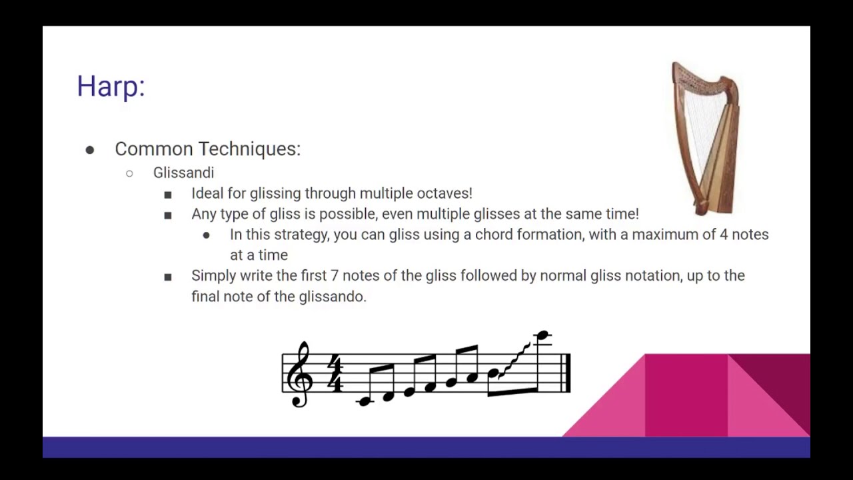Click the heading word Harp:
(111, 87)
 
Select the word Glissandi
(183, 173)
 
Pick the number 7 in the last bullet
(335, 276)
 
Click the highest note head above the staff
(542, 335)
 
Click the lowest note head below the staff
(364, 401)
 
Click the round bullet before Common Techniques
(90, 150)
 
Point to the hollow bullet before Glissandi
(129, 173)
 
